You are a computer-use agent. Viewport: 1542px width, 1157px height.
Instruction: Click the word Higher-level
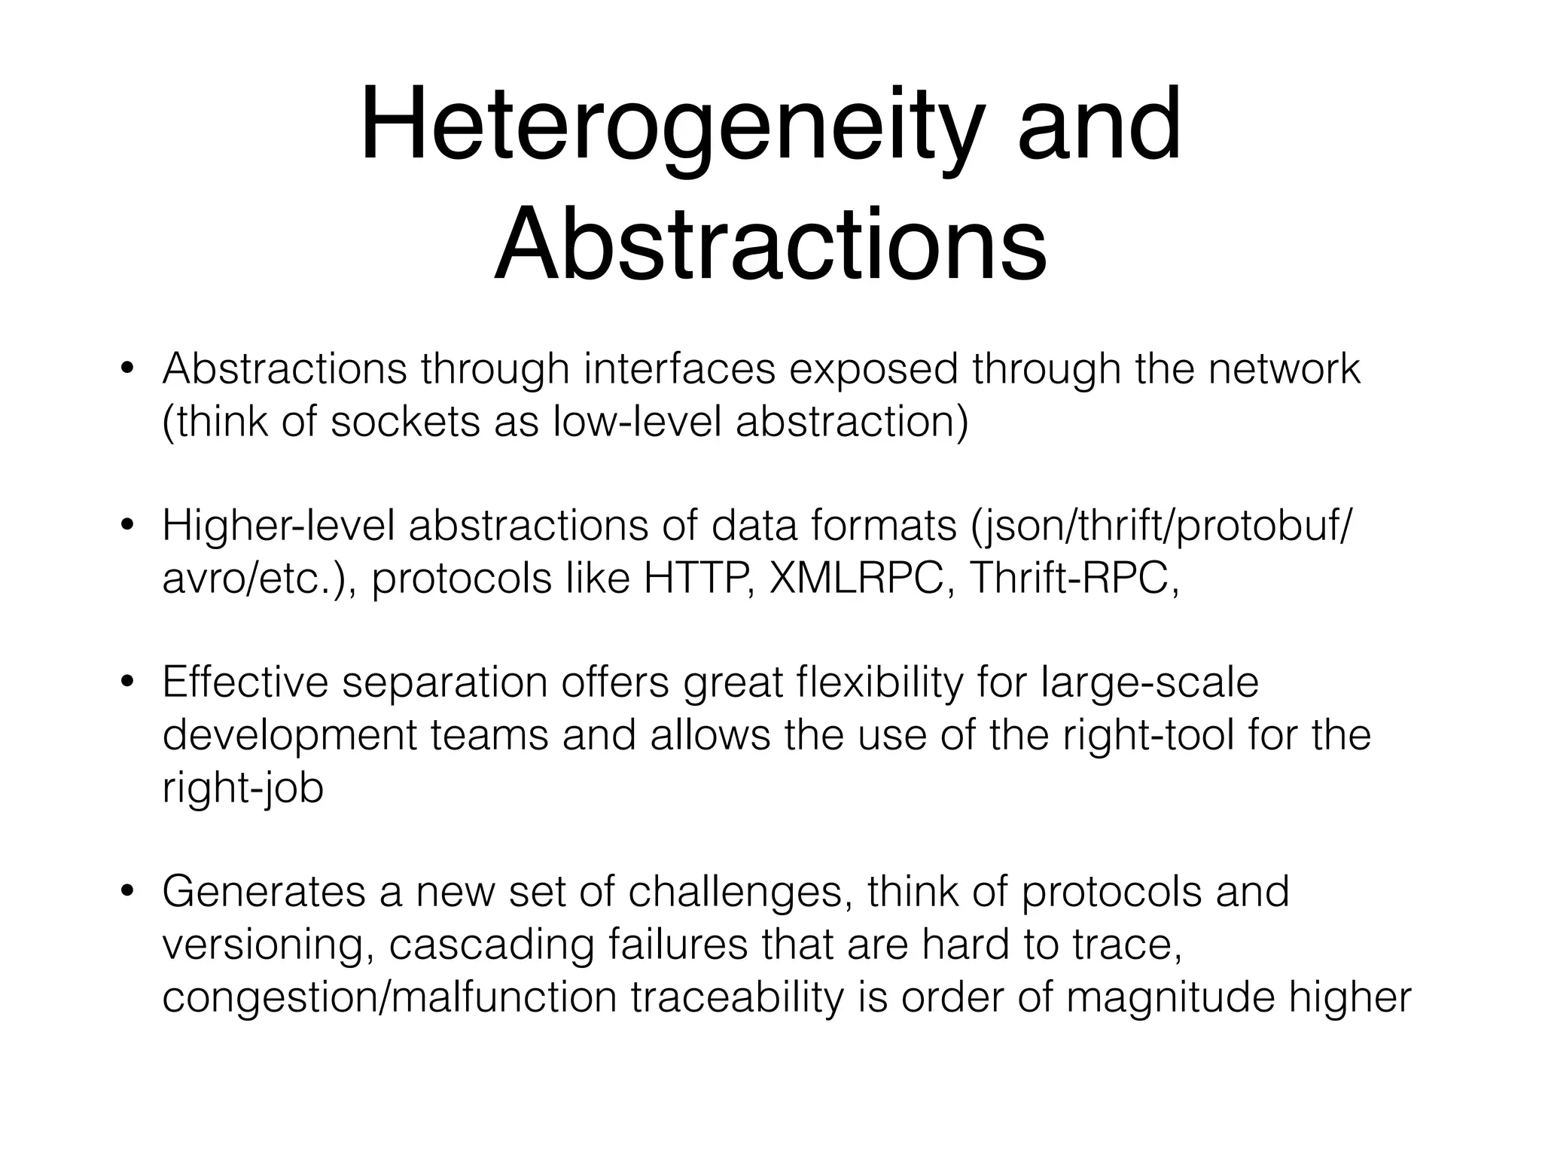(x=279, y=527)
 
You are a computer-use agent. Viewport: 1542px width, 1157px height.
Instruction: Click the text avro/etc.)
(x=260, y=578)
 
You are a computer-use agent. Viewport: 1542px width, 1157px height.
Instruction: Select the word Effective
(x=245, y=683)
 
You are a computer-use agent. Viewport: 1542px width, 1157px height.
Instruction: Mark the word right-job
(x=242, y=789)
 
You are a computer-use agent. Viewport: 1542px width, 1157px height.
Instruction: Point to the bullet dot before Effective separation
(x=127, y=683)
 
